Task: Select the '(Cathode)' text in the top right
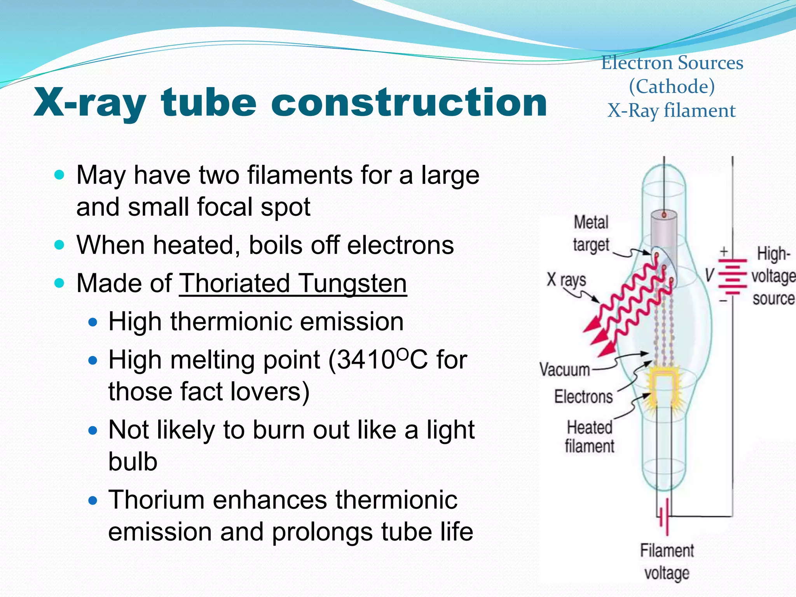tap(672, 86)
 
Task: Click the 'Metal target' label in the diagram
tap(591, 234)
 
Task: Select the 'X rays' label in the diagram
tap(566, 279)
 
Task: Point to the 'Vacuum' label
tap(564, 369)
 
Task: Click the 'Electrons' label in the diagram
tap(583, 397)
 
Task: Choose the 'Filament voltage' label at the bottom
tap(667, 562)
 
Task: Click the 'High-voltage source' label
tap(773, 276)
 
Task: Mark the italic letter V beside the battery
tap(710, 275)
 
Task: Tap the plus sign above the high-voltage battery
tap(723, 251)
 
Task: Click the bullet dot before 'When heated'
tap(59, 245)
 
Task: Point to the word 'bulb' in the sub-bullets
tap(133, 461)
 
